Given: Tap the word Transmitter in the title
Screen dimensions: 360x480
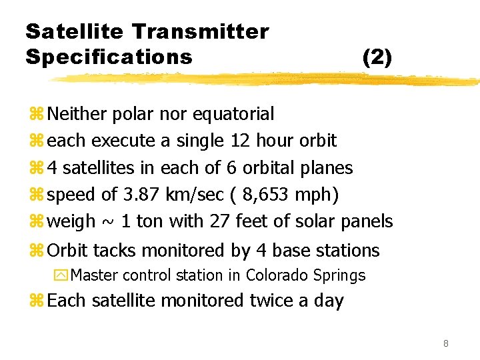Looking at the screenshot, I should (x=201, y=31).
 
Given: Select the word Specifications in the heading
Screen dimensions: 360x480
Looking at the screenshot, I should (x=109, y=57).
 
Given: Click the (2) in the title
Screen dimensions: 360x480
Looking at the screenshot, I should (x=377, y=57).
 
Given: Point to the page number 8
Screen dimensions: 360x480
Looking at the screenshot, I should (x=445, y=344).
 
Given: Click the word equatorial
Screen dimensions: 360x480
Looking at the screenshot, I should (x=233, y=114).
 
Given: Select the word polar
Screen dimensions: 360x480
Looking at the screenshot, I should (x=132, y=114).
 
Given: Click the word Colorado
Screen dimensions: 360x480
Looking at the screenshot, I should (x=276, y=275).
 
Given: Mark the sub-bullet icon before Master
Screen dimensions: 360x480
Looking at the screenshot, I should (x=61, y=275).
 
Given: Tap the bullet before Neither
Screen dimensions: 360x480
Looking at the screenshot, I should (x=35, y=115).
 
